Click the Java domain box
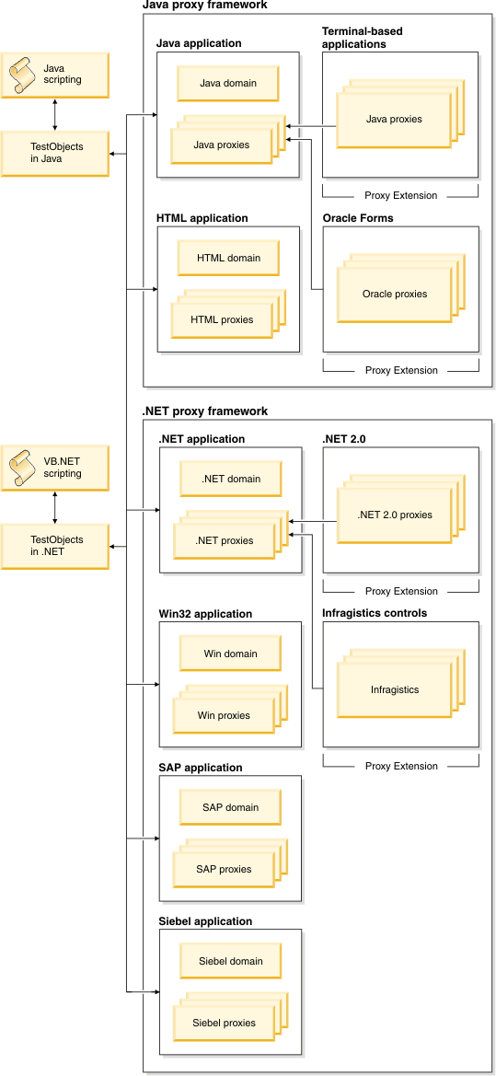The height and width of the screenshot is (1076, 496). [x=228, y=83]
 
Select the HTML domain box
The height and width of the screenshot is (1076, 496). [x=228, y=258]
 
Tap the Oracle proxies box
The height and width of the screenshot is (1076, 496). [x=394, y=295]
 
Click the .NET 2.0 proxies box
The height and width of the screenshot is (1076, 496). [x=394, y=515]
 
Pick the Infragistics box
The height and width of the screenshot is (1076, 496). [x=394, y=688]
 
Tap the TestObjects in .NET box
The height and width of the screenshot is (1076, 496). [x=55, y=547]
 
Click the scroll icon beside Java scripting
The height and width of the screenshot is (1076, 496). [x=24, y=75]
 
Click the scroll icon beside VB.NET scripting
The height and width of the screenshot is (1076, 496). [x=24, y=468]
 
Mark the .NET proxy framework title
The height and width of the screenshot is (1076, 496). [x=205, y=411]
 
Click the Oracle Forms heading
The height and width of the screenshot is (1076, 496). [x=357, y=218]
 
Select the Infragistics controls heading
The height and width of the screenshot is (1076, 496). [x=375, y=613]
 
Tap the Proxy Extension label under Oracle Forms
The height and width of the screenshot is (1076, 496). [x=400, y=370]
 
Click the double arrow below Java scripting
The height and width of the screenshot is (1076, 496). [x=55, y=114]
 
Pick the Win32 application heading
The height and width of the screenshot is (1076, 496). [x=205, y=614]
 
